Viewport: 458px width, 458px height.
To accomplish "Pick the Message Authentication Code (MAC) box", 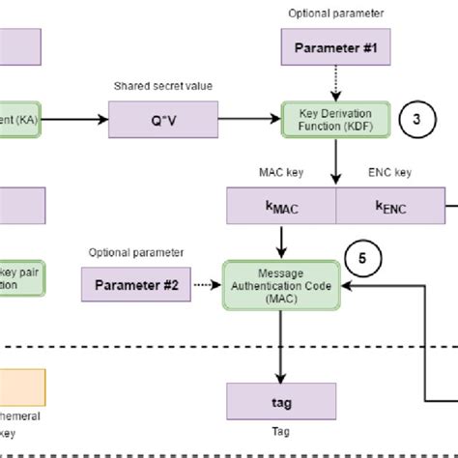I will (x=281, y=285).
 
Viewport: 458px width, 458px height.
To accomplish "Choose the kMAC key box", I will (x=280, y=206).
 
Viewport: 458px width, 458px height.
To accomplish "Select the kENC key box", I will (x=389, y=206).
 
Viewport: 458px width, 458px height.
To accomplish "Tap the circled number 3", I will (x=416, y=120).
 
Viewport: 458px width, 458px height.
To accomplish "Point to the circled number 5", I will (x=362, y=259).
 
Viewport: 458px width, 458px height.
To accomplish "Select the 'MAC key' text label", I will (x=280, y=174).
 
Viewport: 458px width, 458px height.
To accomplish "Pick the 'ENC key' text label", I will (x=389, y=174).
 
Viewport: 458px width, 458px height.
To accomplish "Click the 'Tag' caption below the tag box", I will (x=280, y=432).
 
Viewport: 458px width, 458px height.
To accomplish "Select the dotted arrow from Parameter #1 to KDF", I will (x=334, y=83).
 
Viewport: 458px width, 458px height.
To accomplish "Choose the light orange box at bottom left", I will (x=20, y=385).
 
